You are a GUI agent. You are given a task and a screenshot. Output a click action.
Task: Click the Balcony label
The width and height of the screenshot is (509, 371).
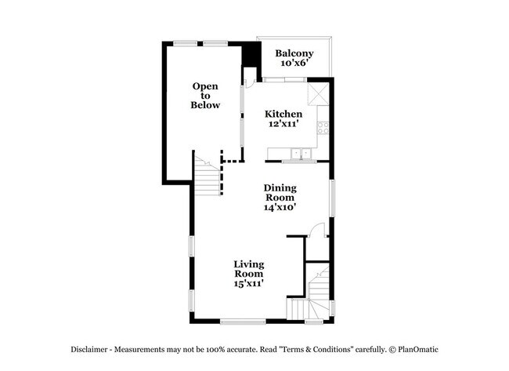pyautogui.click(x=294, y=53)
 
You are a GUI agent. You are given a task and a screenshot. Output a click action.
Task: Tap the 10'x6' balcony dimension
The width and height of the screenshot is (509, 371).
pyautogui.click(x=294, y=64)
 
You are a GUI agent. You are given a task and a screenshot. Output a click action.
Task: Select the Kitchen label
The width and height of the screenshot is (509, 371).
pyautogui.click(x=283, y=114)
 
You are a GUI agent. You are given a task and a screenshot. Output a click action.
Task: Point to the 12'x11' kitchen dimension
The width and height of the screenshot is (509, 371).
pyautogui.click(x=283, y=124)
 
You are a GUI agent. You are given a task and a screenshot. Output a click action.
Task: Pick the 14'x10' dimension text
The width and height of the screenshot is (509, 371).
pyautogui.click(x=280, y=208)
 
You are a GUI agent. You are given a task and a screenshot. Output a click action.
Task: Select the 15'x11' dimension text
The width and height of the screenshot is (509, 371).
pyautogui.click(x=249, y=284)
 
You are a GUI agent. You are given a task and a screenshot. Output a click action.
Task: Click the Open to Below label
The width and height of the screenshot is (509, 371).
pyautogui.click(x=207, y=95)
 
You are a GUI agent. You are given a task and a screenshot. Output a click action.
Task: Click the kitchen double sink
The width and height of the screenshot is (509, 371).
pyautogui.click(x=298, y=154)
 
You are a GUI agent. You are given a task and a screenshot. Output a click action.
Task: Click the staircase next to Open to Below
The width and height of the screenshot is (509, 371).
pyautogui.click(x=208, y=179)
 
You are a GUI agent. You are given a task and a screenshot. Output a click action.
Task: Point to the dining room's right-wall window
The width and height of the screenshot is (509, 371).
pyautogui.click(x=333, y=197)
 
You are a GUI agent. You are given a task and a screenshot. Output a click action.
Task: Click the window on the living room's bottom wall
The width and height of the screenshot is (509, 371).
pyautogui.click(x=243, y=322)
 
